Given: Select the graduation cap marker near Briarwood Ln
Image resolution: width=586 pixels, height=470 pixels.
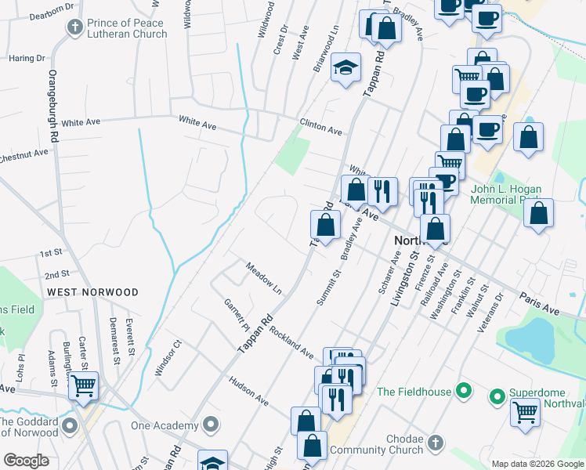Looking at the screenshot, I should pyautogui.click(x=345, y=68).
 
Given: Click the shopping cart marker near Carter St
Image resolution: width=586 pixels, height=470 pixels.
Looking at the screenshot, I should pyautogui.click(x=83, y=386).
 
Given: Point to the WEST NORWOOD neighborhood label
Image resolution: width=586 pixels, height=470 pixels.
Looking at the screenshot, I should pyautogui.click(x=92, y=292).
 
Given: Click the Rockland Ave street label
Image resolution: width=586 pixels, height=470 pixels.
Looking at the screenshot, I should pyautogui.click(x=291, y=342).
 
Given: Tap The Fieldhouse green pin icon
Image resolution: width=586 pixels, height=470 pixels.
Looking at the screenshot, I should pyautogui.click(x=464, y=390).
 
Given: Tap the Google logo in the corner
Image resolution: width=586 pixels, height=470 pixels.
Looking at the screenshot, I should pyautogui.click(x=26, y=461).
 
